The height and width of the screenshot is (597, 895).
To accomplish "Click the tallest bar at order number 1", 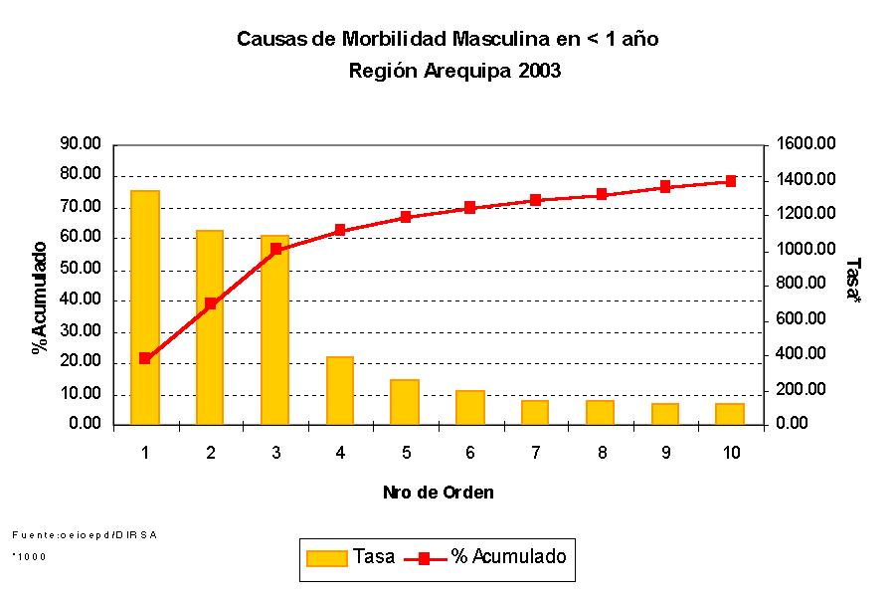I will click(x=145, y=307).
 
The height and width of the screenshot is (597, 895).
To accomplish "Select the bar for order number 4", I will click(x=340, y=390).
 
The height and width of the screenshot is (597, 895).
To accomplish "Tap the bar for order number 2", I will click(x=210, y=327).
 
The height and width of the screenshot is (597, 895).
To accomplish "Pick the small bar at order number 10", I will click(x=730, y=414).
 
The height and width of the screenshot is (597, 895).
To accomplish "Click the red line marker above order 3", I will click(x=275, y=249).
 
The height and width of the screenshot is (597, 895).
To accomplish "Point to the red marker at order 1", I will click(x=145, y=358).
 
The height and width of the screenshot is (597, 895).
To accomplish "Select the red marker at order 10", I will click(x=730, y=181).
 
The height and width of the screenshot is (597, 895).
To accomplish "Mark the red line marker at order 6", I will click(x=470, y=208).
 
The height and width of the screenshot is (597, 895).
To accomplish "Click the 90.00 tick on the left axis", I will click(x=81, y=144).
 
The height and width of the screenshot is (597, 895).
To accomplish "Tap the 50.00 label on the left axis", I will click(x=81, y=269).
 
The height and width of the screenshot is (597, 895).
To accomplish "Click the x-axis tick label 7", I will click(x=535, y=454).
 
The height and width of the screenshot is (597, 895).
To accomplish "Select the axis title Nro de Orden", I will click(x=438, y=493).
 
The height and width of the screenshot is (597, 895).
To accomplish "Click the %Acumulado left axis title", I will click(x=41, y=297).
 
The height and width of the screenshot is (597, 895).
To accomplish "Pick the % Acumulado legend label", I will click(x=508, y=557).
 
